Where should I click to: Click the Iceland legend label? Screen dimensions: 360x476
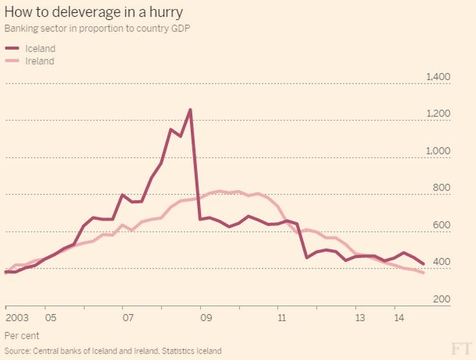click(x=40, y=49)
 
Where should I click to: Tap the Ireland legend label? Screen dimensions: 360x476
click(x=40, y=61)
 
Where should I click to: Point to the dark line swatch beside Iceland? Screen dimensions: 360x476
click(x=13, y=49)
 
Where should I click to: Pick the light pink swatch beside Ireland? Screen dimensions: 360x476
click(x=13, y=61)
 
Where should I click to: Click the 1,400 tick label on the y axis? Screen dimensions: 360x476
click(x=438, y=77)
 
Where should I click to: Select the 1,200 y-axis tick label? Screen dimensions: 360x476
click(x=438, y=113)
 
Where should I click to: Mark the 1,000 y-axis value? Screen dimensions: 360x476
click(x=438, y=151)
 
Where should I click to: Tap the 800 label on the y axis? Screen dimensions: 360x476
click(x=442, y=188)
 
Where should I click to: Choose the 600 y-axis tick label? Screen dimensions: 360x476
click(x=442, y=225)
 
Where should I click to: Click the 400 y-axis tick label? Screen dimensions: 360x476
click(x=442, y=262)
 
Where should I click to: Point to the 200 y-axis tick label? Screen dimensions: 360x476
click(x=442, y=300)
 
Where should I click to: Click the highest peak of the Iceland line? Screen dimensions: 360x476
click(x=190, y=110)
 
